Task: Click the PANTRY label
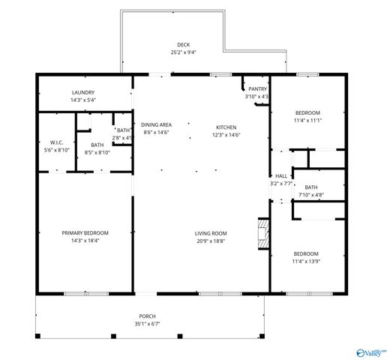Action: coord(257,88)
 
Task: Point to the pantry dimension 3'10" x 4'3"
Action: coord(256,97)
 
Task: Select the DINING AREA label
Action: coord(156,124)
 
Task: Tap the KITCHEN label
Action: coord(226,127)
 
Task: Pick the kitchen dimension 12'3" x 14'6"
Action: coord(226,135)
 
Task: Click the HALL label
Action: coord(280,175)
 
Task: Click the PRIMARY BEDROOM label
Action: coord(85,232)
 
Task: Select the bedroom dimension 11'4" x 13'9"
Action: coord(306,262)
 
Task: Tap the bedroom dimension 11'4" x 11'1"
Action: coord(306,120)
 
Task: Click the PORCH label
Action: coord(147,316)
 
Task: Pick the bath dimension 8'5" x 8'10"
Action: coord(97,153)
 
